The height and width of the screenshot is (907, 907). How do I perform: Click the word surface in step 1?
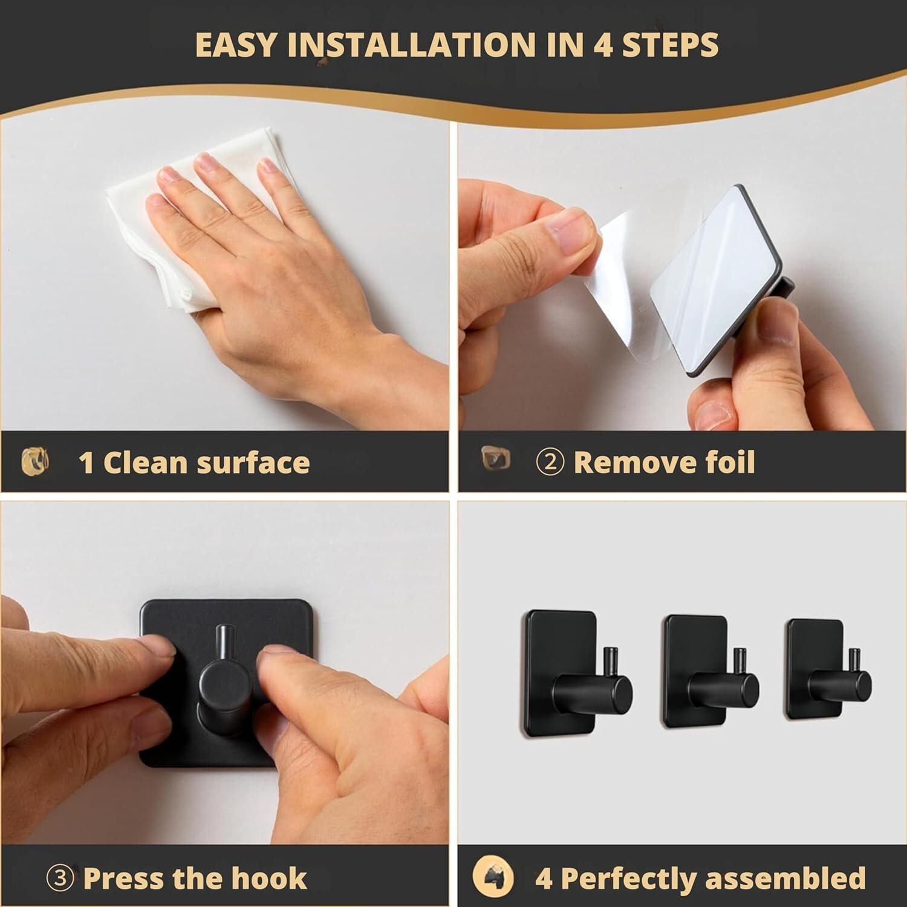tap(251, 463)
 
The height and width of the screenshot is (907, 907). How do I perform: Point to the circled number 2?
tap(550, 463)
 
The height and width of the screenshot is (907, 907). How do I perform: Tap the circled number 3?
tap(60, 878)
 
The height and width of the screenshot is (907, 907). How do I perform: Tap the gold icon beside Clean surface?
tap(35, 463)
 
